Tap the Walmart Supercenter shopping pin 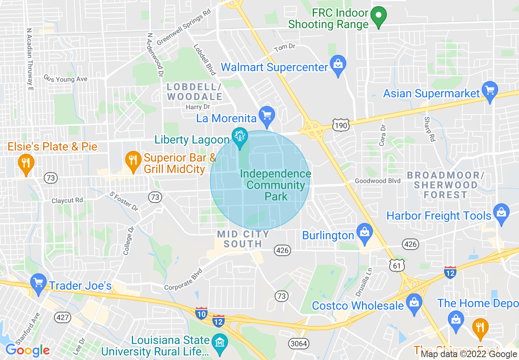point(338,65)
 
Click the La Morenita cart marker point(267,116)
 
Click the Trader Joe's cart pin point(38,283)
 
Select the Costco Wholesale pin point(414,304)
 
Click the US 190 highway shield point(341,125)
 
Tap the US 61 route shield point(397,266)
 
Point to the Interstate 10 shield point(201,313)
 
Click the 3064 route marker point(298,343)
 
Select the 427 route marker point(63,317)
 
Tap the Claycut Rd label point(67,200)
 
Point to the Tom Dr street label point(284,48)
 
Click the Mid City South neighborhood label point(243,239)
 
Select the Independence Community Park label point(275,185)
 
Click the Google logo point(27,350)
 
